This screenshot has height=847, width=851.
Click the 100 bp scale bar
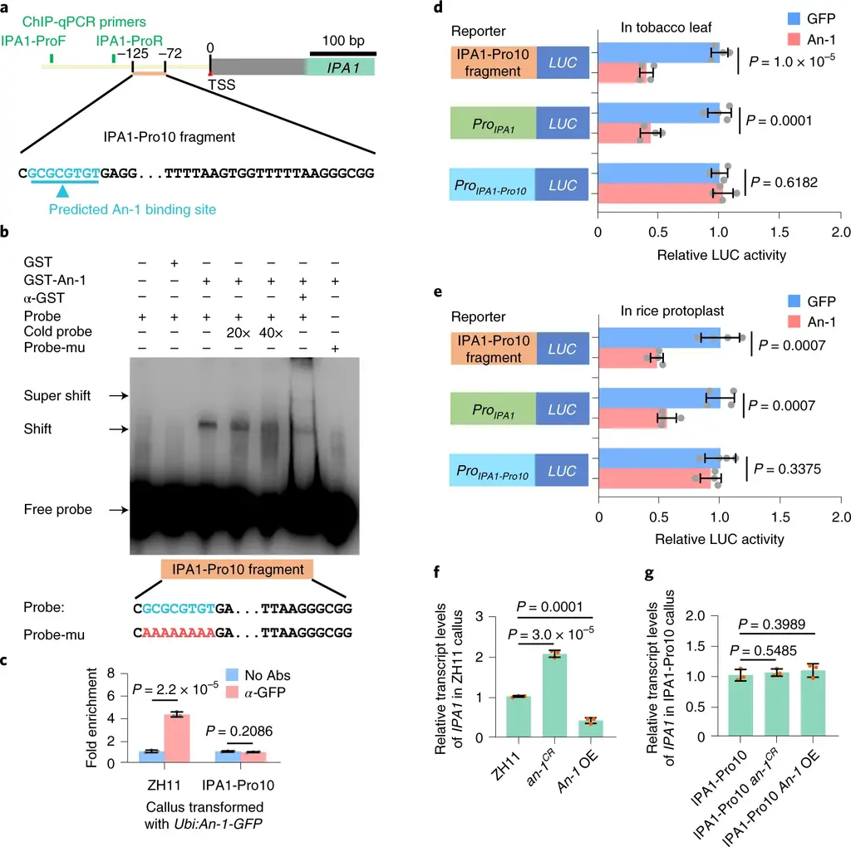click(343, 53)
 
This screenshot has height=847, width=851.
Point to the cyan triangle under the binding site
click(64, 193)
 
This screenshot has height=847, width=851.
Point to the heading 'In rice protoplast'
click(671, 311)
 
